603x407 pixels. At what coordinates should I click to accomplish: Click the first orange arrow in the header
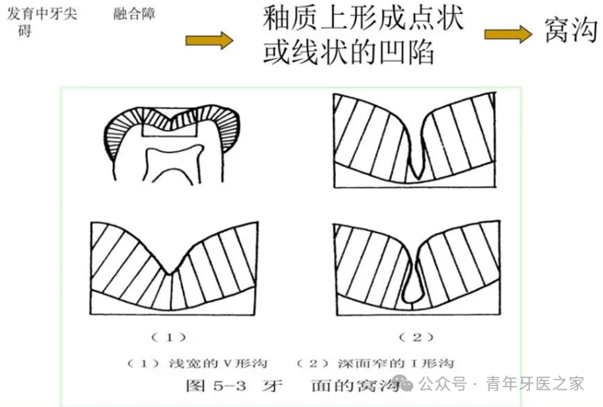coord(208,39)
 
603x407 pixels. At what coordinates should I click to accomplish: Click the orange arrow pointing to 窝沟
coord(509,33)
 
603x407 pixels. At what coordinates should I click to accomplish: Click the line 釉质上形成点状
coord(362,19)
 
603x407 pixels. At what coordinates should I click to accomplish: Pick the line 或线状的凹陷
coord(349,54)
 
